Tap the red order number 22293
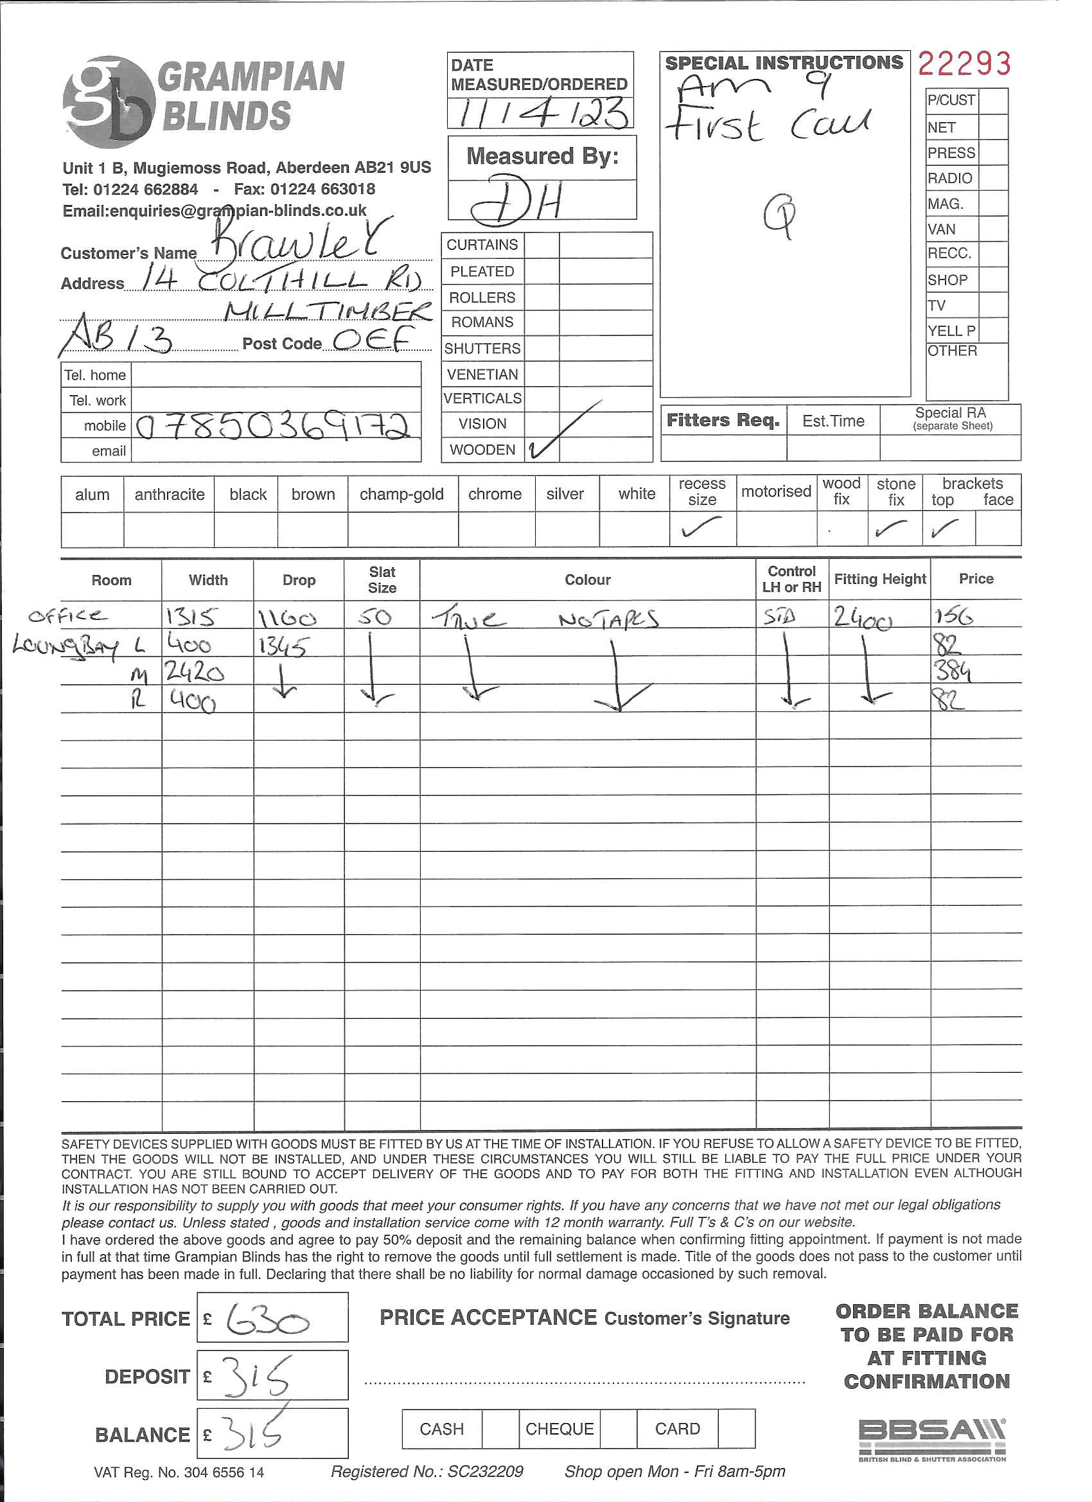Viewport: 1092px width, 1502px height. [964, 64]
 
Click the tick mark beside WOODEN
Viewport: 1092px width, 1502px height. [542, 448]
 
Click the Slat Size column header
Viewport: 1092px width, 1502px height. [382, 579]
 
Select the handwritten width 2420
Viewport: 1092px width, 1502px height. [195, 673]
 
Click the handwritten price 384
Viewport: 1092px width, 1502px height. [953, 673]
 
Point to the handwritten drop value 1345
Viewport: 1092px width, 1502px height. [283, 645]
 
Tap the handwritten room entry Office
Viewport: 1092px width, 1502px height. [67, 616]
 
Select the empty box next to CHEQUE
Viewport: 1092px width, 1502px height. [619, 1429]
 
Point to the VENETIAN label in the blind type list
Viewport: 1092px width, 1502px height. [482, 375]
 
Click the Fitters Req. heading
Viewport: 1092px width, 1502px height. [723, 421]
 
